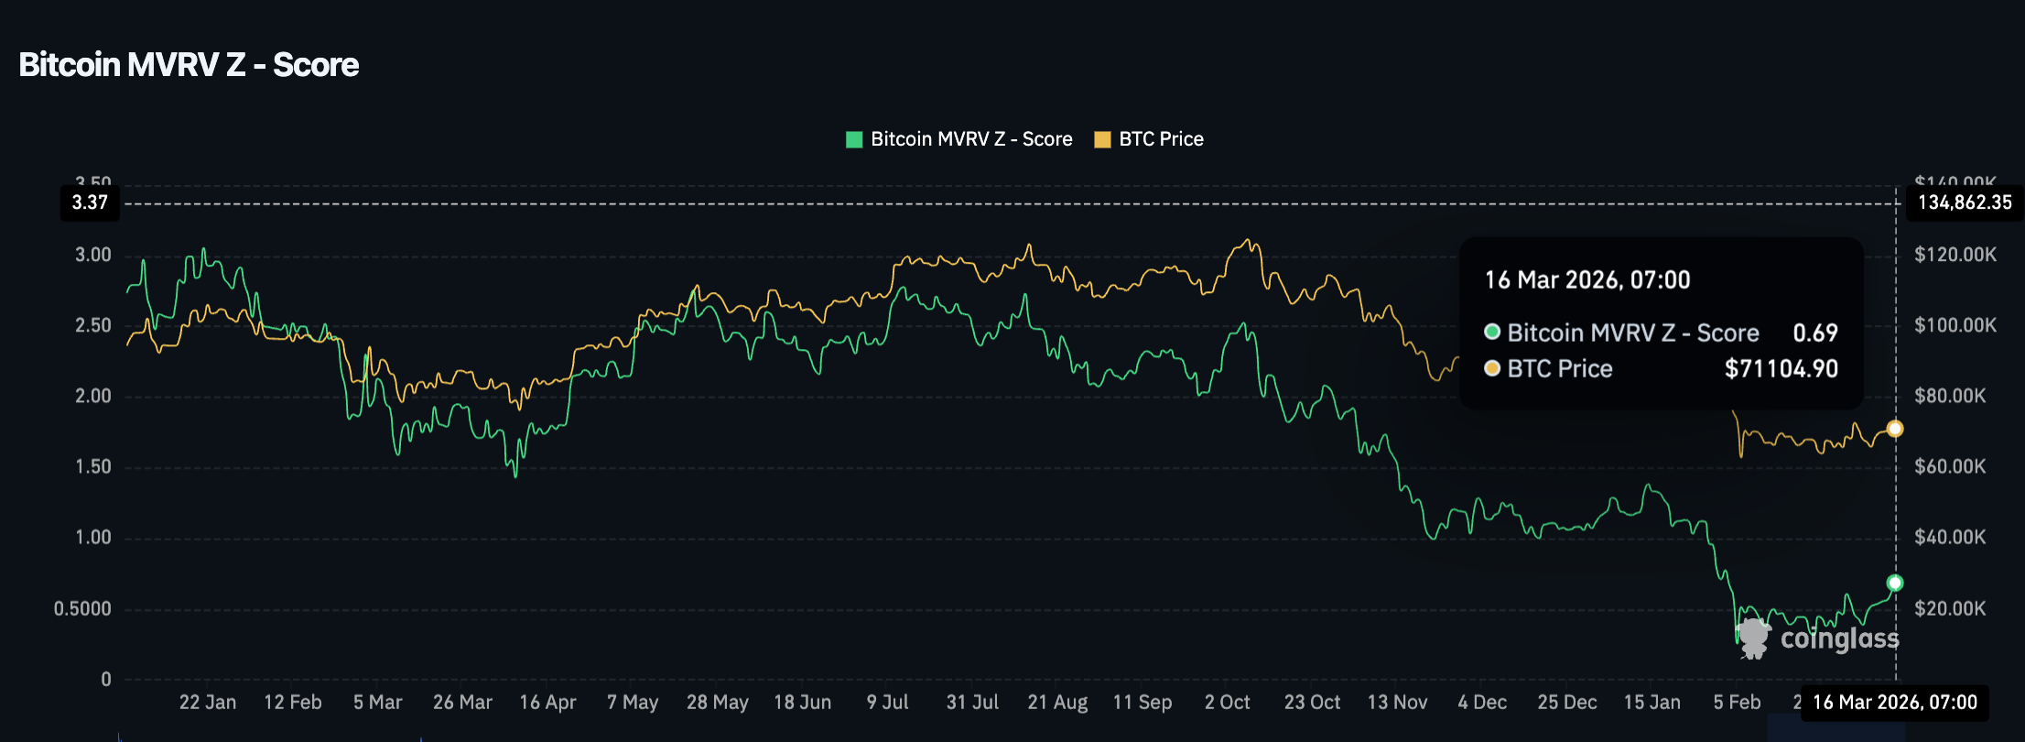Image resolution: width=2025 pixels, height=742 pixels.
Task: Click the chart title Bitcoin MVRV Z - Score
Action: tap(189, 65)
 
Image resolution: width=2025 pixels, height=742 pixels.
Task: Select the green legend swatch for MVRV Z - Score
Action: tap(854, 140)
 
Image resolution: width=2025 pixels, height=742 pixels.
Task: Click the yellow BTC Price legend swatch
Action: tap(1102, 140)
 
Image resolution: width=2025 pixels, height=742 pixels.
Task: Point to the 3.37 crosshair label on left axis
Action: tap(90, 202)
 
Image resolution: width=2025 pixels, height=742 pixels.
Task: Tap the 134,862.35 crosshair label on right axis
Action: tap(1965, 202)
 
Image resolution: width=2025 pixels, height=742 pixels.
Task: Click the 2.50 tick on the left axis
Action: tap(93, 325)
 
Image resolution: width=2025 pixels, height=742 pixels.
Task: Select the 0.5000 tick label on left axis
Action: tap(82, 608)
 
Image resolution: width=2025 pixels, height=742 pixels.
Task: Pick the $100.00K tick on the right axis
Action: tap(1955, 325)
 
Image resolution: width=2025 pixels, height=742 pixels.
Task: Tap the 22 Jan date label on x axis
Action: tap(208, 703)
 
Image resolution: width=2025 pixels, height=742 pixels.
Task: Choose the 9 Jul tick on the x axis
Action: tap(887, 703)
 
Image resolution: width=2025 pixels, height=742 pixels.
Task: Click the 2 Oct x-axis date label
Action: tap(1227, 703)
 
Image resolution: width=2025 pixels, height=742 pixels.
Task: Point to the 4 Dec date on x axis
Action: tap(1482, 703)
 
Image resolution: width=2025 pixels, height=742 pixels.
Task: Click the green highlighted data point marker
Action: tap(1895, 583)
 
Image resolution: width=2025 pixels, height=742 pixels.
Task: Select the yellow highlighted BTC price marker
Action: tap(1895, 429)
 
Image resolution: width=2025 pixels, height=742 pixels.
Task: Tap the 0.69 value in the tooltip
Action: tap(1814, 333)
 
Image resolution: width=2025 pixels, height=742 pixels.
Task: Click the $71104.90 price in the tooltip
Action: tap(1781, 369)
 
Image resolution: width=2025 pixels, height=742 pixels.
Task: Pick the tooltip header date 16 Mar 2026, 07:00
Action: tap(1587, 280)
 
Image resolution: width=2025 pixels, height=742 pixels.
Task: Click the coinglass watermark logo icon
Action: tap(1753, 638)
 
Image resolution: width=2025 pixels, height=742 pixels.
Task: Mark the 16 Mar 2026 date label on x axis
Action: tap(1894, 703)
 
